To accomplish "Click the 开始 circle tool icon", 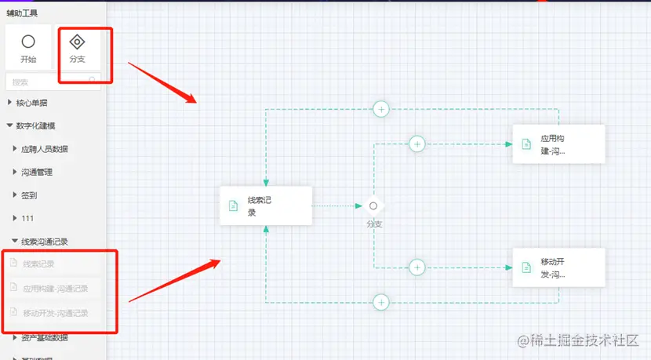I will pos(28,42).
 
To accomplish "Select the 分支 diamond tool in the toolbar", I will pos(77,42).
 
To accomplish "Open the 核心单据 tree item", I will pos(31,103).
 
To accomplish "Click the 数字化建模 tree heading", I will pos(35,125).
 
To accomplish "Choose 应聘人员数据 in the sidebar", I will pos(44,149).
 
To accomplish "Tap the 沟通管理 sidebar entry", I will pos(37,172).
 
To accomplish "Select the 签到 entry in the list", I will pos(30,195).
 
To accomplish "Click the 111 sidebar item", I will pos(28,218).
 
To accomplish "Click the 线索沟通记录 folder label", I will pos(45,242).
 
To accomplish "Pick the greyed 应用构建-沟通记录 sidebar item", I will pos(55,288).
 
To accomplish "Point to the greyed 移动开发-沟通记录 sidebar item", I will pos(55,313).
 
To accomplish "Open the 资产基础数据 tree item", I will pos(44,338).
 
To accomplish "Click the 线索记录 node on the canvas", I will pos(266,205).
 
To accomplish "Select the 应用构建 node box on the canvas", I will pos(558,144).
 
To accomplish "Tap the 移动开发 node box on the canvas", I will pos(558,267).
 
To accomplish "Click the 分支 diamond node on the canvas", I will pos(373,205).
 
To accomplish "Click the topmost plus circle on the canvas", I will pos(381,109).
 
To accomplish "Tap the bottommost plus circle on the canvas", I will pos(381,301).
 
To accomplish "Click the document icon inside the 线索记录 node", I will pos(233,205).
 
